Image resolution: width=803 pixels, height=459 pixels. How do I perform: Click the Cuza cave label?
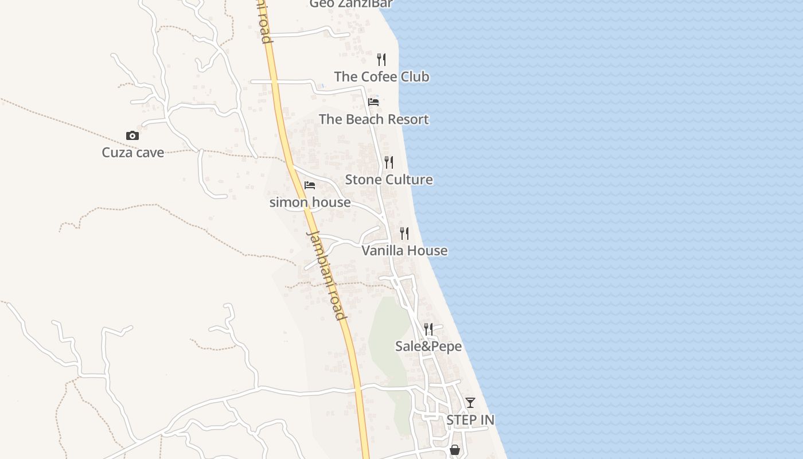[x=133, y=153]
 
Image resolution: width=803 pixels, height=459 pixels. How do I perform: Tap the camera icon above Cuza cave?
[x=132, y=136]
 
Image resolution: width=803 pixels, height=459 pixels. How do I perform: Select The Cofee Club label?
[x=381, y=77]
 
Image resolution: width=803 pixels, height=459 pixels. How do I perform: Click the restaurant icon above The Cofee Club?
[x=381, y=59]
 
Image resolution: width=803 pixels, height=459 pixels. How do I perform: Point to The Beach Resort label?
[x=374, y=119]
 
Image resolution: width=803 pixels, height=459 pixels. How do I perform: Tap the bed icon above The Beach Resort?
[x=373, y=102]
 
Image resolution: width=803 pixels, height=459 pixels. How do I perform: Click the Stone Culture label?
[x=389, y=180]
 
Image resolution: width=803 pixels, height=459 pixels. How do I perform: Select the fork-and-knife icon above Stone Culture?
[x=389, y=162]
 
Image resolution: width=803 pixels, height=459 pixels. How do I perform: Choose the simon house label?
[x=310, y=203]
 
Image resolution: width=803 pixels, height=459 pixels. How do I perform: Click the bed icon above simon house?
[x=310, y=185]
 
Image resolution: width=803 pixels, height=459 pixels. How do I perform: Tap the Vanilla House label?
[x=405, y=251]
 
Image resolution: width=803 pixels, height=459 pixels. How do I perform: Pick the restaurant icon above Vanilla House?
[x=404, y=233]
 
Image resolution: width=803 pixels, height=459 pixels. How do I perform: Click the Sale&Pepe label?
[x=428, y=347]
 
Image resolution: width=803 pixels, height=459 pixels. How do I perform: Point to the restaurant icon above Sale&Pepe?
[x=428, y=329]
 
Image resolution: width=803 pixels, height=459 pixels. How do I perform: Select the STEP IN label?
[x=470, y=420]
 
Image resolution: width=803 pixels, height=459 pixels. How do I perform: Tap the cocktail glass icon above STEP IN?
[x=470, y=403]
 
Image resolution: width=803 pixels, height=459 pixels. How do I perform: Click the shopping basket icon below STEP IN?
[x=455, y=450]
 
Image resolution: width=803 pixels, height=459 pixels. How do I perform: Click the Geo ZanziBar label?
[x=351, y=4]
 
